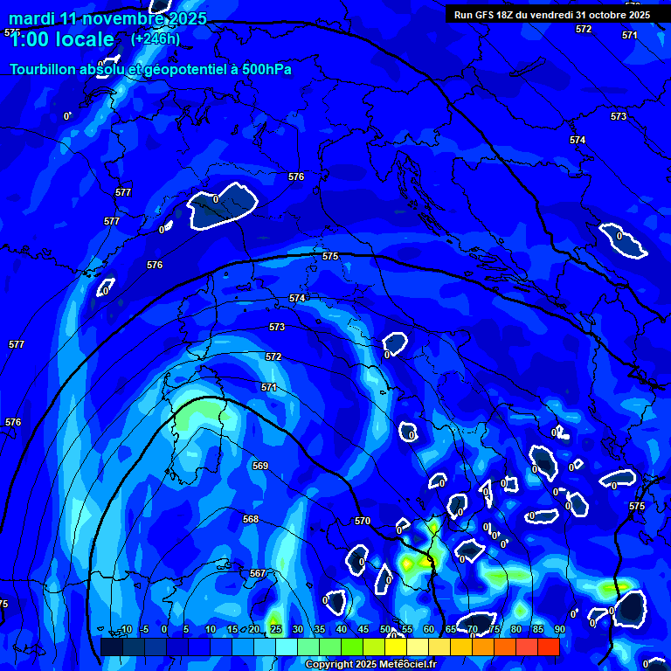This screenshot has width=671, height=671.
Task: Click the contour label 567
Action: tap(258, 573)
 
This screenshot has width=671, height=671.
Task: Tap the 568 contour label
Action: tap(251, 519)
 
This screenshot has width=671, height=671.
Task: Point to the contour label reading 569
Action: tap(260, 466)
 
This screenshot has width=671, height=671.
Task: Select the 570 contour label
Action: tap(363, 521)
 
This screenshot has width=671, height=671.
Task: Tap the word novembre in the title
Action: tap(125, 18)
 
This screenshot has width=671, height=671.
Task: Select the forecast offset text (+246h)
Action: tap(156, 38)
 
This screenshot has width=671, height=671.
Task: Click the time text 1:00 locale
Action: tap(62, 39)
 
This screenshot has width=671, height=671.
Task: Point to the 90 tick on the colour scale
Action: tap(559, 629)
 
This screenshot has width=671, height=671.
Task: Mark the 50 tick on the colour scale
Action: tap(385, 629)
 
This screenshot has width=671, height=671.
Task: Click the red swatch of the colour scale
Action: tap(548, 647)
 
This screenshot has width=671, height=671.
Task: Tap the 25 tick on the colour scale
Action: tap(275, 629)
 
